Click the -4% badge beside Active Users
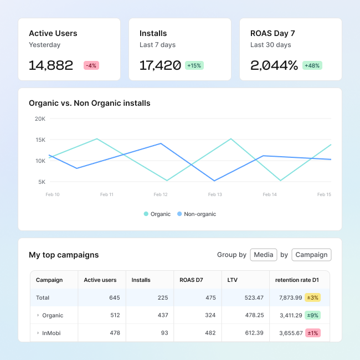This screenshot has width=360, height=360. (x=91, y=65)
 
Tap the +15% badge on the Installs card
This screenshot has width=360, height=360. (x=194, y=65)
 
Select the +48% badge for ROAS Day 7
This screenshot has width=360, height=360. (x=312, y=65)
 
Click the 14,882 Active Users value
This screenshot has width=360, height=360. (x=51, y=65)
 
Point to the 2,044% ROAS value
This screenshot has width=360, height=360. (x=274, y=65)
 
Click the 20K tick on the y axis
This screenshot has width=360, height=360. (x=40, y=119)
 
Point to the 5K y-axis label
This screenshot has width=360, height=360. (x=42, y=182)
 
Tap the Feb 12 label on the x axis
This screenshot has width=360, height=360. (x=161, y=194)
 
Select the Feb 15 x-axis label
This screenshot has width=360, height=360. (x=324, y=194)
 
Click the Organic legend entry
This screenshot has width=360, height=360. (x=158, y=214)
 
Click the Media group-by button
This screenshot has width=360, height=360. (x=264, y=255)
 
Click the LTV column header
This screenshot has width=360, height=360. (x=233, y=280)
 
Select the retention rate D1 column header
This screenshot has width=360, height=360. (x=297, y=280)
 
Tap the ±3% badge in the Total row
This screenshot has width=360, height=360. (x=313, y=297)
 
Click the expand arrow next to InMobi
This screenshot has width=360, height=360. (x=38, y=333)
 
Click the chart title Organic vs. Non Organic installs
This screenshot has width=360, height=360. (x=90, y=103)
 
